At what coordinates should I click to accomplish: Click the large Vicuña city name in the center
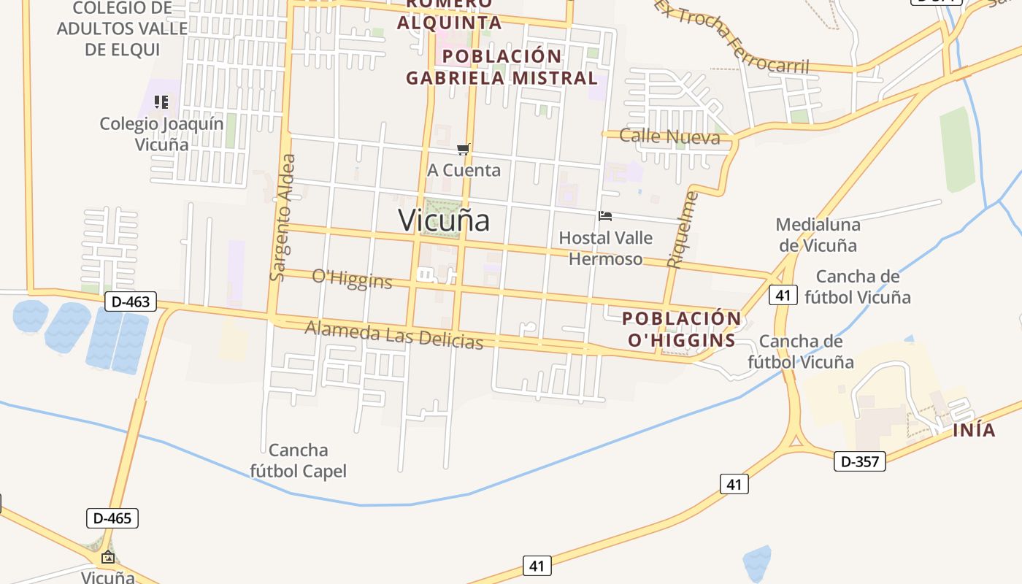tap(444, 220)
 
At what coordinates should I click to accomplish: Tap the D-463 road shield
tap(131, 301)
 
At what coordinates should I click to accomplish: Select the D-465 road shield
tap(112, 518)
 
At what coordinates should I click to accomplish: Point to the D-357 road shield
tap(859, 461)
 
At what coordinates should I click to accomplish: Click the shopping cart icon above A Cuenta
tap(463, 150)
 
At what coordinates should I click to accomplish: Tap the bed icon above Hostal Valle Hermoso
tap(604, 216)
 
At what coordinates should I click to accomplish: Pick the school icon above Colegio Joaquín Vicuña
tap(161, 102)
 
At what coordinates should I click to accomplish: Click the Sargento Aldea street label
tap(283, 218)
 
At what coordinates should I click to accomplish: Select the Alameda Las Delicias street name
tap(393, 334)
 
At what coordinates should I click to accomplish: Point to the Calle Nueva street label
tap(669, 137)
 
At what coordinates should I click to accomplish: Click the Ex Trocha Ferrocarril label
tap(731, 36)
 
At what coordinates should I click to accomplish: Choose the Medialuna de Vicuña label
tap(818, 234)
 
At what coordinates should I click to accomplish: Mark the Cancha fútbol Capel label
tap(298, 461)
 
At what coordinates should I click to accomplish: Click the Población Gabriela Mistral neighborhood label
tap(502, 66)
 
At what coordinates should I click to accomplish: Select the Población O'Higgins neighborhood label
tap(681, 329)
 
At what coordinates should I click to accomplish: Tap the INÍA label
tap(974, 430)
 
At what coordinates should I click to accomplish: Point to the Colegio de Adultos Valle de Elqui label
tap(122, 29)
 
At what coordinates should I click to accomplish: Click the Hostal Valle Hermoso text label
tap(605, 248)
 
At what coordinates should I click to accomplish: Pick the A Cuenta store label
tap(464, 170)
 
